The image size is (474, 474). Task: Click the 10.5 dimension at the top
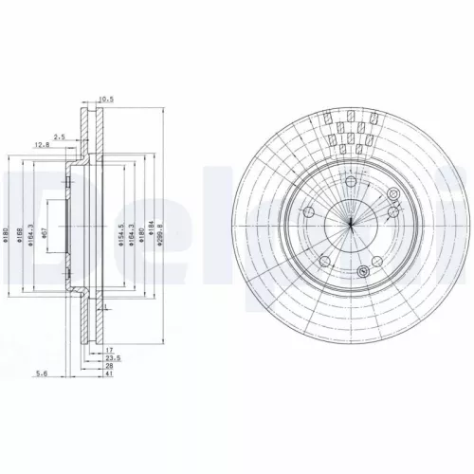pos(106,97)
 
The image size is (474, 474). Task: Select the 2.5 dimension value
pos(60,137)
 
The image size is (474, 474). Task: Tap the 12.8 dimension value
pos(42,145)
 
